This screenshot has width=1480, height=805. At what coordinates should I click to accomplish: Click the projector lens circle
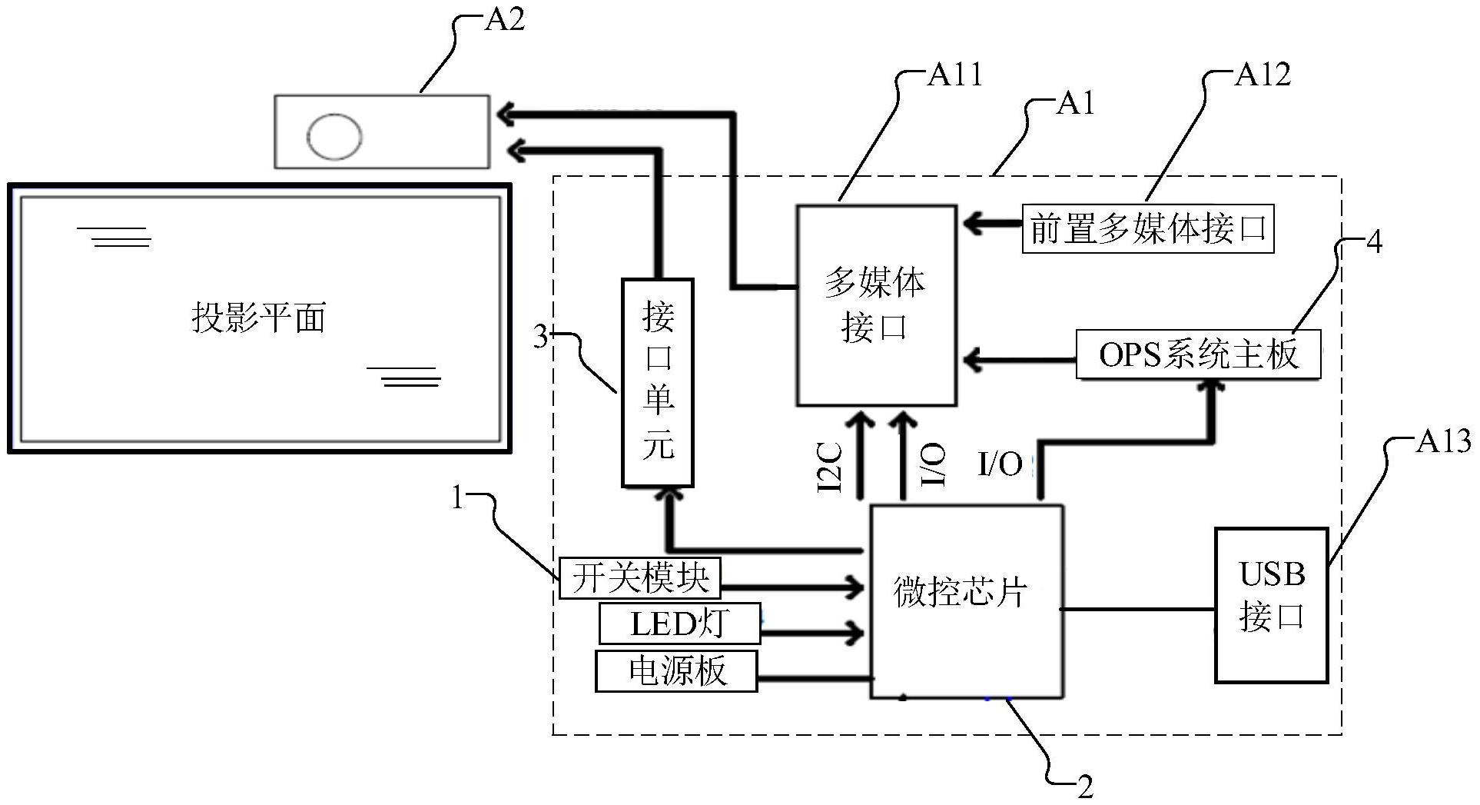coord(334,137)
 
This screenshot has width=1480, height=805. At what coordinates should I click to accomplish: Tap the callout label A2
coord(504,19)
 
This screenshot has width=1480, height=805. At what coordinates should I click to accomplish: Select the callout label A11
coord(954,75)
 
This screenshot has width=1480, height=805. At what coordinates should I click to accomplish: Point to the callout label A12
coord(1262,75)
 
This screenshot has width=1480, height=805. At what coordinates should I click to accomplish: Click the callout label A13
coord(1443,441)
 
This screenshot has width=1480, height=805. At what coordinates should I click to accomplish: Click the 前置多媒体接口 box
coord(1148,229)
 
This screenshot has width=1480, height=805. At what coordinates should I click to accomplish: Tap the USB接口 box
coord(1271,604)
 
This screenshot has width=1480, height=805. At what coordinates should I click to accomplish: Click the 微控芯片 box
coord(966,601)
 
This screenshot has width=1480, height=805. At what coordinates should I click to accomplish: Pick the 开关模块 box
coord(639,578)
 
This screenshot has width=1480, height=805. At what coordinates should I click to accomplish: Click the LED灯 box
coord(679,624)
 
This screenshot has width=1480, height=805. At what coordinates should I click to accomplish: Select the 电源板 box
coord(676,671)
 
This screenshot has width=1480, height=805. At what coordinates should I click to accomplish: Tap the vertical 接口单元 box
coord(657,383)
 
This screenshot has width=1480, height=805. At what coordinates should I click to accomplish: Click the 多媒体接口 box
coord(876,305)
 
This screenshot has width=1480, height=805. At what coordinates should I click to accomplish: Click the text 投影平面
coord(259,318)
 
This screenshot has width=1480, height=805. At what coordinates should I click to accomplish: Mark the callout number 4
coord(1374,242)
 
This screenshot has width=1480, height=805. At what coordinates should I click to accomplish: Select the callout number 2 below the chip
coord(1084,787)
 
